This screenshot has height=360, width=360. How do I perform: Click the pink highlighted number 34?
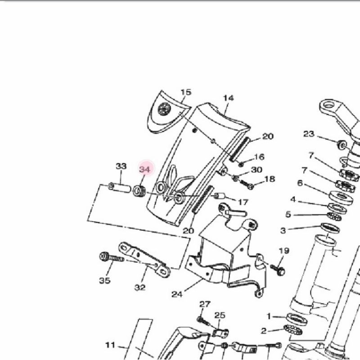coord(144,170)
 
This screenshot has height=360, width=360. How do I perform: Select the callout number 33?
coord(121,166)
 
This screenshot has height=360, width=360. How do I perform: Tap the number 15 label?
coord(186,92)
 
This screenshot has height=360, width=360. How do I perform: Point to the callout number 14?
coord(229,98)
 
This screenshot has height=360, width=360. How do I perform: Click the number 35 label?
coord(105,280)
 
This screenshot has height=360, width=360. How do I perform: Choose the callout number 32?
coord(140,287)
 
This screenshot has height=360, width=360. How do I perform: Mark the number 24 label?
coord(177,294)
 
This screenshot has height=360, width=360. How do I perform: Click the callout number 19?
coord(284,251)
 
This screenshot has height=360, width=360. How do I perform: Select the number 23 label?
coord(309,134)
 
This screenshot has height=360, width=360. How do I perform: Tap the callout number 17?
coord(243,202)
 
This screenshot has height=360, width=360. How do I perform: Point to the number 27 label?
coord(205,305)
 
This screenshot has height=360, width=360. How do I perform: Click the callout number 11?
coord(110,345)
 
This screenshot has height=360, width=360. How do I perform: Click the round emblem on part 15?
coord(164,108)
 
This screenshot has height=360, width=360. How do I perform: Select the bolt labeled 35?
coord(112,257)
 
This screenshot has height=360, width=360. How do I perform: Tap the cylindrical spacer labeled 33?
coord(119,188)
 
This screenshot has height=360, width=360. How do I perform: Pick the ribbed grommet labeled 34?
coord(139,191)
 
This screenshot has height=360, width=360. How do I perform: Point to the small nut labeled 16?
coord(241,164)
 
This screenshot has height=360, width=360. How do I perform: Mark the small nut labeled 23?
coord(342,145)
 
